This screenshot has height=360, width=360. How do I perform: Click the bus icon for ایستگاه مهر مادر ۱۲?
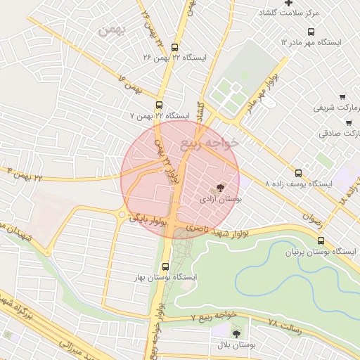(x=311, y=31)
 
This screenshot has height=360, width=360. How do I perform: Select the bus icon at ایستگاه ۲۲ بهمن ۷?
(x=159, y=104)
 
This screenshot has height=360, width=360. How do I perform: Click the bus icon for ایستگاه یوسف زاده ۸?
(x=298, y=172)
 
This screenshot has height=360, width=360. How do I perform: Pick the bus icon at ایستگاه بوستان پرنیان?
(x=321, y=240)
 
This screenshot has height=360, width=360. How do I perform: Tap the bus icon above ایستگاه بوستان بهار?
(x=165, y=266)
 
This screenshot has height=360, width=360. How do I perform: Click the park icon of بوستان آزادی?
(x=221, y=188)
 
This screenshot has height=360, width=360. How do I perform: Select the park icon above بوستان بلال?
(x=236, y=333)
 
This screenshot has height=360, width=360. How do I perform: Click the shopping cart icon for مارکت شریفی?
(x=342, y=97)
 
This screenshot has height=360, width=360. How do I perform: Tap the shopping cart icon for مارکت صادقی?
(x=348, y=122)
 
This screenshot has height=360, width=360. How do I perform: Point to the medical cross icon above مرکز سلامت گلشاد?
(x=289, y=4)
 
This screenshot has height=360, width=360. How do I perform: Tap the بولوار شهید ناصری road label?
(x=210, y=231)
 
